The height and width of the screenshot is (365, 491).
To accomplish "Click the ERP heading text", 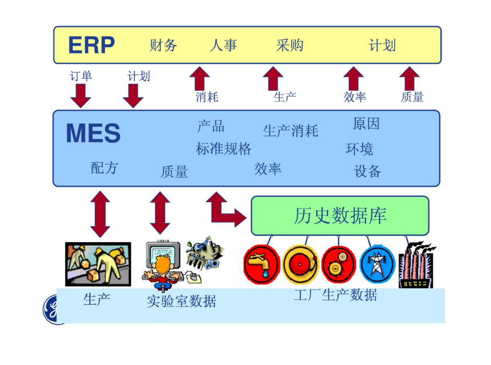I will point(91,45).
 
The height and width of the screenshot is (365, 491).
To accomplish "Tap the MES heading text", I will point(93,133).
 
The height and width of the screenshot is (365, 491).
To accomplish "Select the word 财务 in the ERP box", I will point(163,45).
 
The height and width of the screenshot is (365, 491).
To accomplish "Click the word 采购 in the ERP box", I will point(290,45).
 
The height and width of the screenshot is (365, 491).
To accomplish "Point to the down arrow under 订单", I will point(80,95).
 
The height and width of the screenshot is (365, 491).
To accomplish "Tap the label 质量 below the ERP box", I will point(412,97).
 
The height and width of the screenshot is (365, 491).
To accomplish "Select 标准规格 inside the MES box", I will point(223,149).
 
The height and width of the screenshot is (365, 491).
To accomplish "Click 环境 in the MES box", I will point(359,149).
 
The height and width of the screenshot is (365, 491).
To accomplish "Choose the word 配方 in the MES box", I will point(104,168).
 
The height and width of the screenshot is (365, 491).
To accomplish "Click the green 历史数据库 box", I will point(340,216).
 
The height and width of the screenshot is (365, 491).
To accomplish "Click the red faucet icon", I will point(261,264).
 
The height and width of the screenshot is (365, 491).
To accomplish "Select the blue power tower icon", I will point(377,264).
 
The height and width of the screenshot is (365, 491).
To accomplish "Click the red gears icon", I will point(338,264).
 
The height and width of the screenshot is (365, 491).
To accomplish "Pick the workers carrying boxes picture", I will point(98,264).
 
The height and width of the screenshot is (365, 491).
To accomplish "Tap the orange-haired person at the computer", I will point(162,267).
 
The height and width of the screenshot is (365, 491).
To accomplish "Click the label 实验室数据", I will point(181,301).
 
